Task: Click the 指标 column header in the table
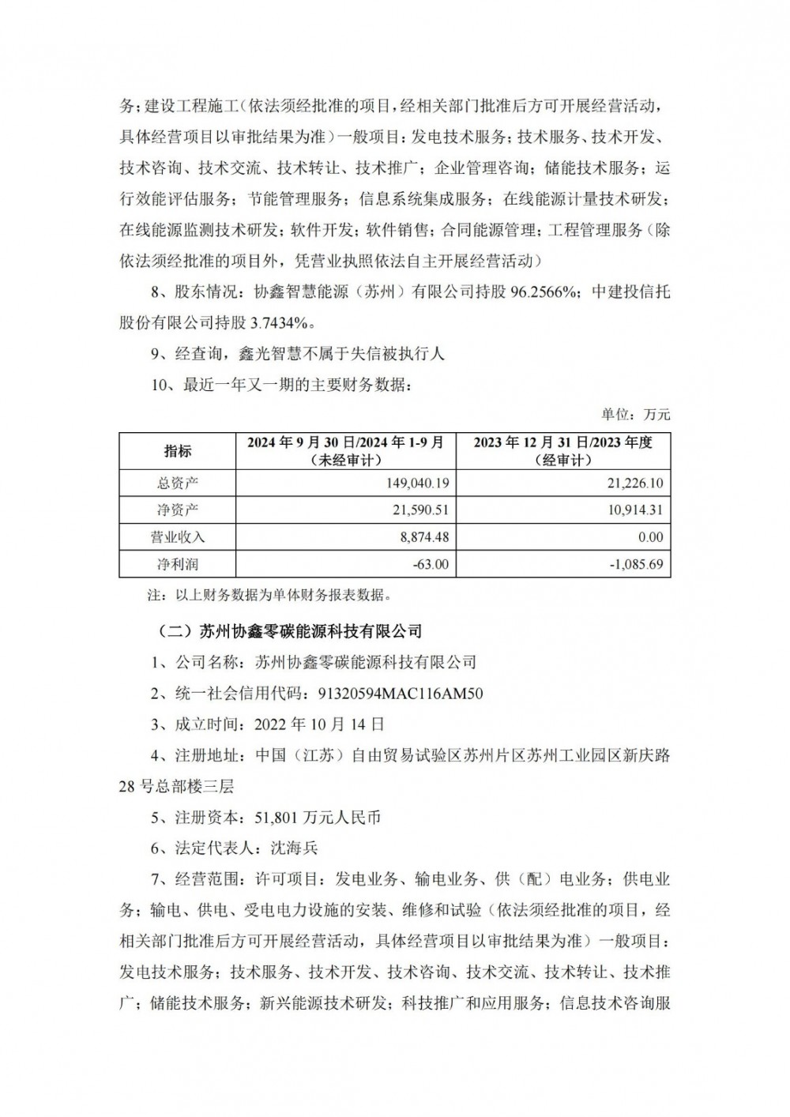[x=178, y=451]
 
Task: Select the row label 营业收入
[x=178, y=537]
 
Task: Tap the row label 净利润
[x=178, y=565]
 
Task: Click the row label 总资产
[x=178, y=483]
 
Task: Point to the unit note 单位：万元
[x=636, y=414]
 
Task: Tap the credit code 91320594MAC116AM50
[x=400, y=694]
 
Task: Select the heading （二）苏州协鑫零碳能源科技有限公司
[x=285, y=631]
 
